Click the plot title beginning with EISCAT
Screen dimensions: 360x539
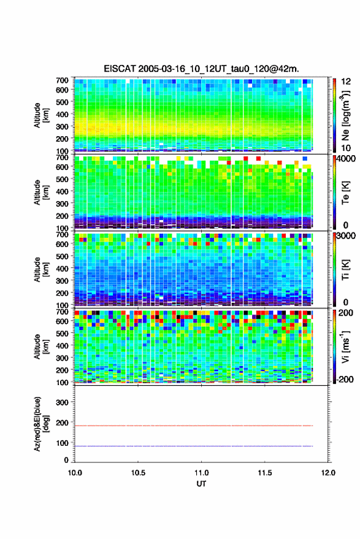tap(201, 69)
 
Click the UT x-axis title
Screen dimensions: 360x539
tap(201, 484)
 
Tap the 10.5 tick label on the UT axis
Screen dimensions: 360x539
tap(138, 473)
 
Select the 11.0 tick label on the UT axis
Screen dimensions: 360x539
tap(201, 473)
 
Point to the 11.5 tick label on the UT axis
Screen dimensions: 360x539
tap(265, 473)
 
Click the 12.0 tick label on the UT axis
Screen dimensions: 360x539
tap(328, 473)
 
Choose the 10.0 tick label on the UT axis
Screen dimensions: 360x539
tap(75, 473)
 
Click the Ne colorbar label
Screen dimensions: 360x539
tap(346, 115)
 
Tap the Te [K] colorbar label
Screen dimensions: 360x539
tap(345, 193)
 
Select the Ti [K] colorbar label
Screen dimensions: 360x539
tap(345, 270)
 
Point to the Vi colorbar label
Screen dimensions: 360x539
tap(345, 346)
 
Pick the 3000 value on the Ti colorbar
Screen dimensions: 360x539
tap(346, 235)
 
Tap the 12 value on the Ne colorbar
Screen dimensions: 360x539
tap(347, 82)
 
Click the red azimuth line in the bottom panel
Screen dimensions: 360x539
tap(194, 426)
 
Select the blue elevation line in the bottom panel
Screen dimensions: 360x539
tap(194, 446)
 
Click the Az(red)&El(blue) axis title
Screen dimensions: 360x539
tap(41, 424)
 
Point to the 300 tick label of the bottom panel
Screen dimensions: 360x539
tap(62, 402)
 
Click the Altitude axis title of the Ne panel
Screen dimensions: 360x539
tap(41, 115)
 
